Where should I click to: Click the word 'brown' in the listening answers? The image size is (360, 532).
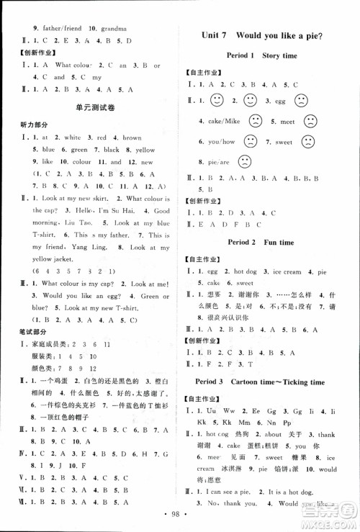tap(132, 137)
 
